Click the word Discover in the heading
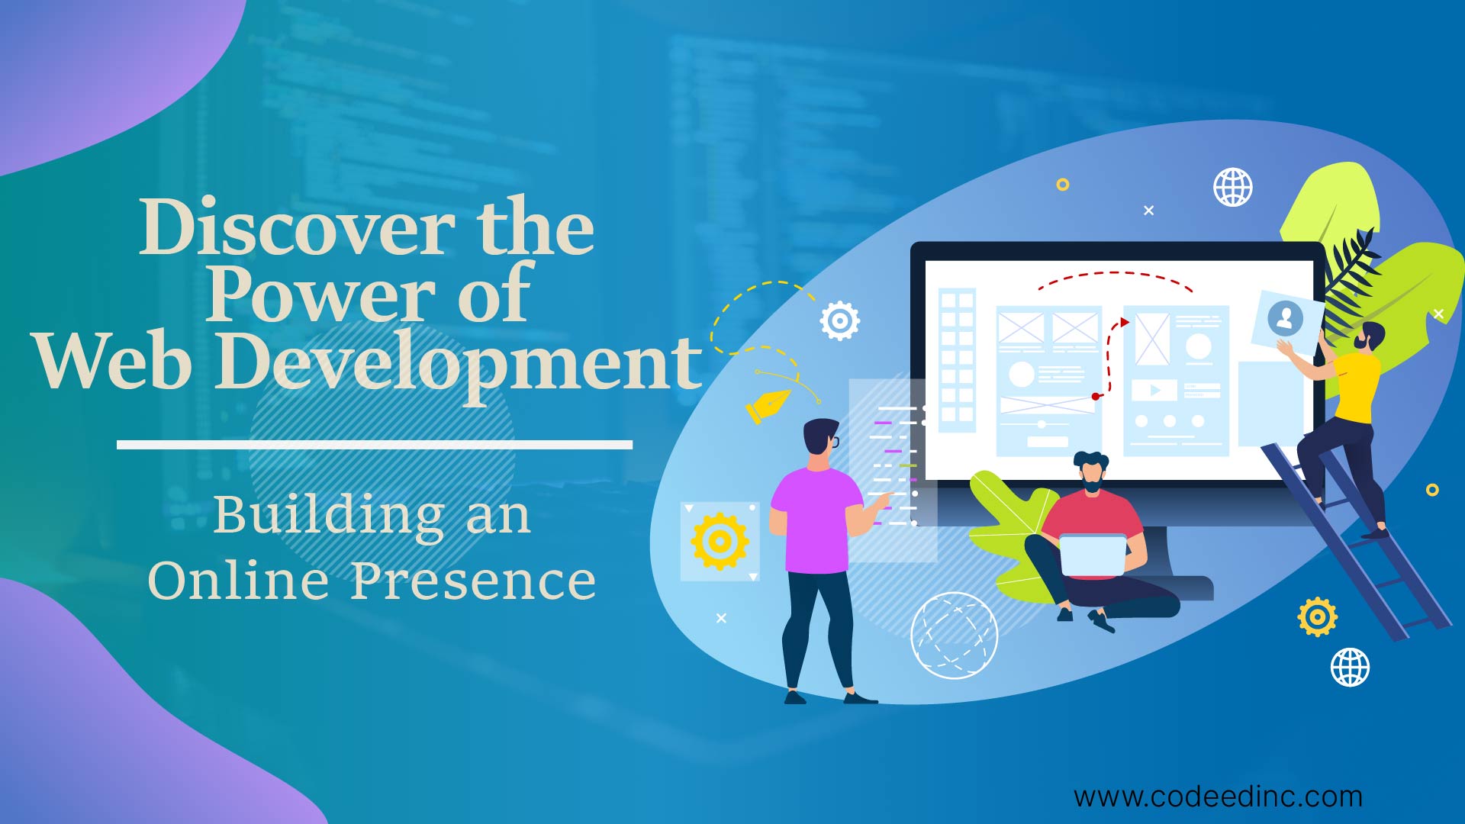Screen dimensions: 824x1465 297,227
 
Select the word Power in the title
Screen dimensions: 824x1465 320,295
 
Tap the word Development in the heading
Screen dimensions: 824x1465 458,362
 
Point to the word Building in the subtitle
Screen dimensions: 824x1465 329,515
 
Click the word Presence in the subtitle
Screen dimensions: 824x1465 473,581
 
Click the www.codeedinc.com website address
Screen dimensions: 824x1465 1218,797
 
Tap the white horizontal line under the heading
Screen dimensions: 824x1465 374,444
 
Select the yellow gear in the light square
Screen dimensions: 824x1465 720,541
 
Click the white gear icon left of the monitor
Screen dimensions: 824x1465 839,321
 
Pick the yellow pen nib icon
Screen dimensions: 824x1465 767,405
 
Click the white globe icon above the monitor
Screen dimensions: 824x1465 1233,187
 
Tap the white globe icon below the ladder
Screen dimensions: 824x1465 1350,667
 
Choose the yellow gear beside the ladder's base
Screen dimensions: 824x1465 1317,616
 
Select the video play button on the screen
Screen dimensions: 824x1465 1153,391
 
